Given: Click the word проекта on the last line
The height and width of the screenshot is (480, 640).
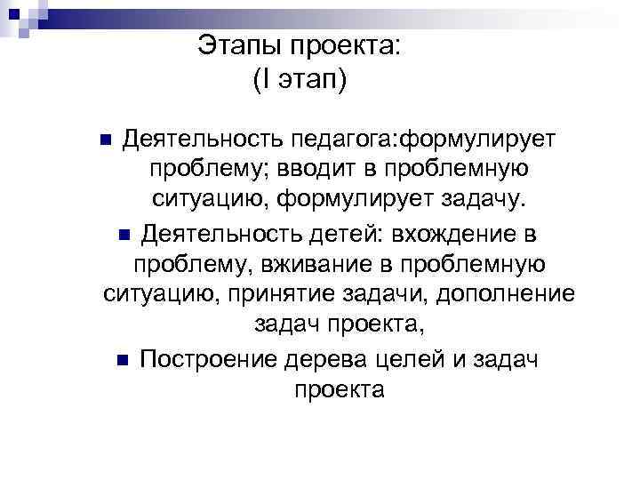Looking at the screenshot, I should coord(338,389).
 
